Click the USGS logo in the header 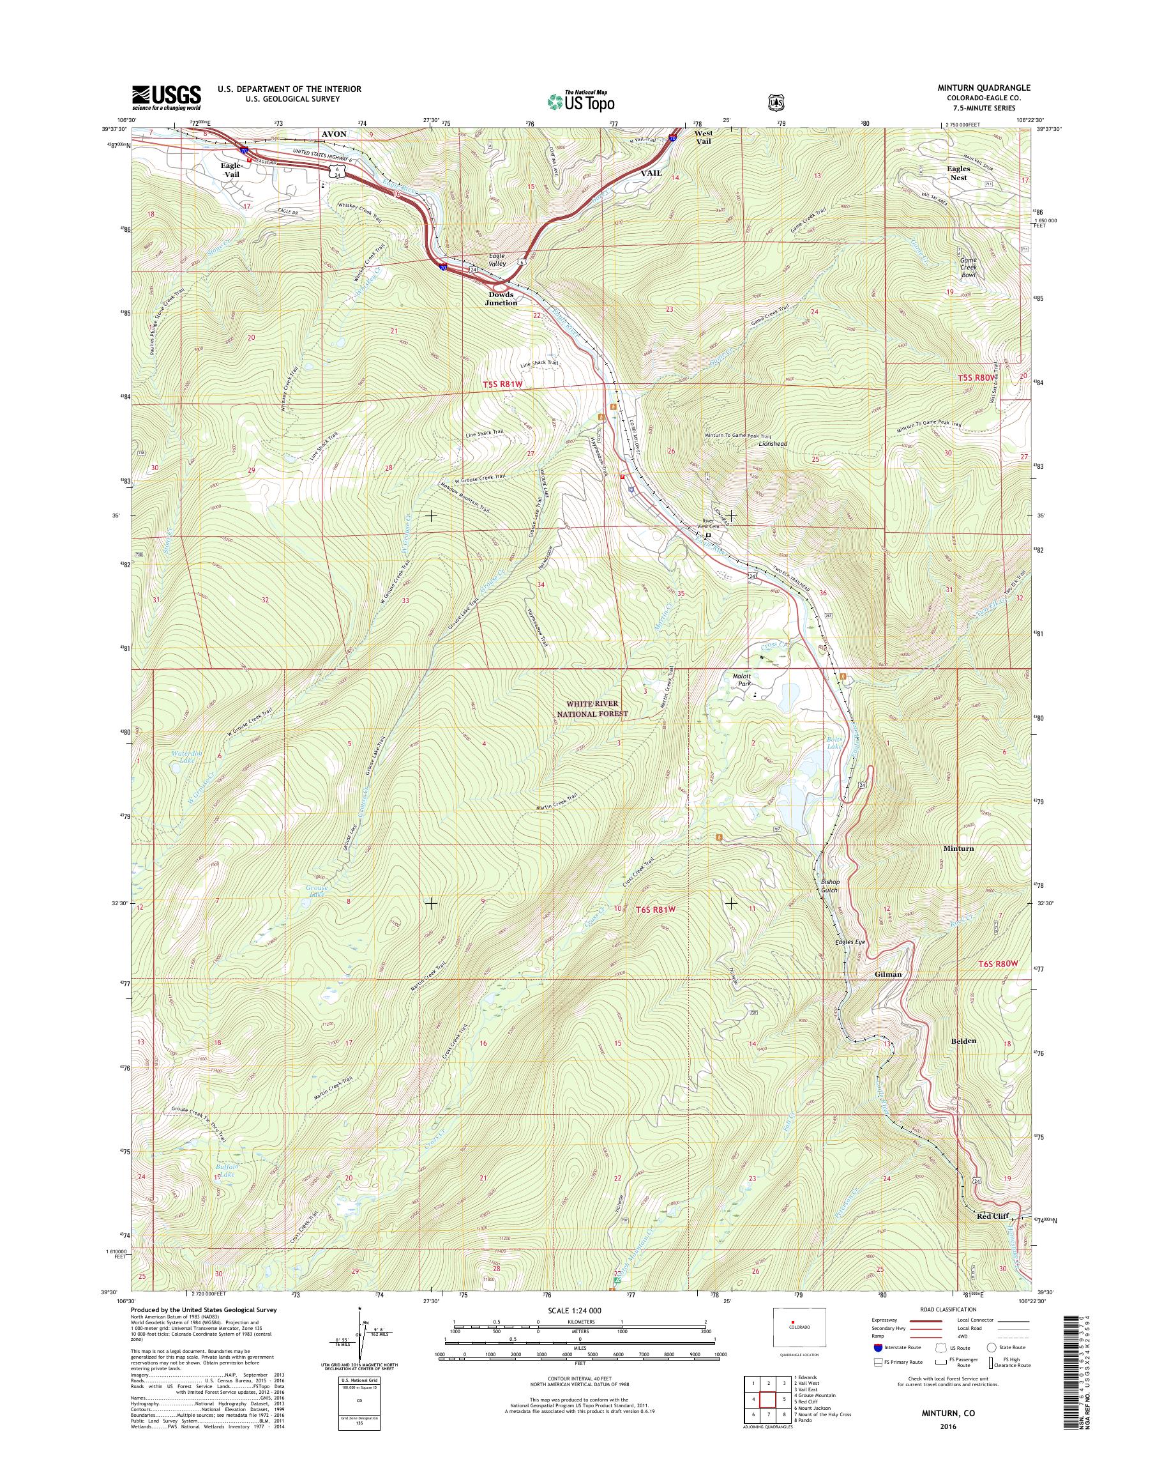(x=167, y=96)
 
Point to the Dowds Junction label (x=501, y=299)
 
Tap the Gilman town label (x=888, y=974)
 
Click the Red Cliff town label (x=992, y=1216)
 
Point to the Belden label (x=964, y=1041)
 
